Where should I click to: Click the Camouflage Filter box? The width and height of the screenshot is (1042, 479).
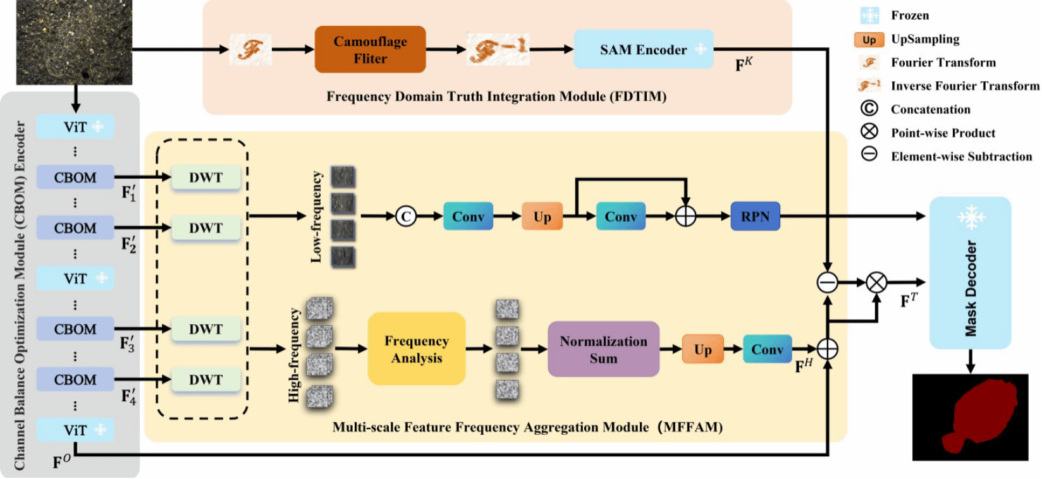[370, 49]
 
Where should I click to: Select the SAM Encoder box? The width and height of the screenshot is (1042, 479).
[643, 49]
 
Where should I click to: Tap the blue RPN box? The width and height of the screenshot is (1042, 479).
[755, 217]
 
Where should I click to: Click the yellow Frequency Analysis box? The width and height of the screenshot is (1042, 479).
[417, 349]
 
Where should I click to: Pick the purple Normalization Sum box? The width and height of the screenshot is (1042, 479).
[603, 349]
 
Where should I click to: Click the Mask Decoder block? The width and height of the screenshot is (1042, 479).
[970, 273]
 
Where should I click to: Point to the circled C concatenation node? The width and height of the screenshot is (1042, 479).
[406, 217]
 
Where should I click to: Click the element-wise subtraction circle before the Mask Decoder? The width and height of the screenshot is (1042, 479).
[827, 282]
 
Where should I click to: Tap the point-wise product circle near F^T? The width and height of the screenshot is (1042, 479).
[876, 282]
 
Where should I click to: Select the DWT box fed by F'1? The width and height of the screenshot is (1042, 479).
[205, 178]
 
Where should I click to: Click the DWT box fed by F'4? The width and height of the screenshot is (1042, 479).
[205, 380]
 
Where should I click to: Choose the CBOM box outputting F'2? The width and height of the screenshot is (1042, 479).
[75, 228]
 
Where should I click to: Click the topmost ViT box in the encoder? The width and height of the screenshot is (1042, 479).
[75, 127]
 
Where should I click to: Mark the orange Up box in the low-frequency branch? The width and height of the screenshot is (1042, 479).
[542, 217]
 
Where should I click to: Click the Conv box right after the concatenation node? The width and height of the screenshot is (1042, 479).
[468, 217]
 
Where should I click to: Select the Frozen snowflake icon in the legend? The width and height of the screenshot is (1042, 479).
[869, 15]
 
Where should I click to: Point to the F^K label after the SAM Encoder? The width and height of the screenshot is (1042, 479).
[744, 64]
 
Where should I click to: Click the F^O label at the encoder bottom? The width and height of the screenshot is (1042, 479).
[61, 462]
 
